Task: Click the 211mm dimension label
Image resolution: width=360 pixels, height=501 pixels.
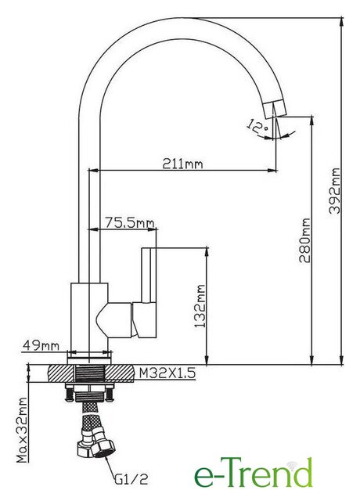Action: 182,164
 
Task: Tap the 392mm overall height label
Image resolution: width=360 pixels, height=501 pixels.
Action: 335,191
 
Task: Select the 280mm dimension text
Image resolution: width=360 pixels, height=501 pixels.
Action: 304,240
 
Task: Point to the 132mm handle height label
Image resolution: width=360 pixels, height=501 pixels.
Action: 200,306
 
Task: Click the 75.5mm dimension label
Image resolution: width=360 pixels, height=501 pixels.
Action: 130,222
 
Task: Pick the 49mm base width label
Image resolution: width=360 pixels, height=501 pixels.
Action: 41,345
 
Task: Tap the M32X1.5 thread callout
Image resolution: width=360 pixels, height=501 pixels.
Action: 167,373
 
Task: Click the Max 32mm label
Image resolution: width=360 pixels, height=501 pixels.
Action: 23,430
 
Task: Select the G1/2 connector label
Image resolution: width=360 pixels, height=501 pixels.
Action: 131,479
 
